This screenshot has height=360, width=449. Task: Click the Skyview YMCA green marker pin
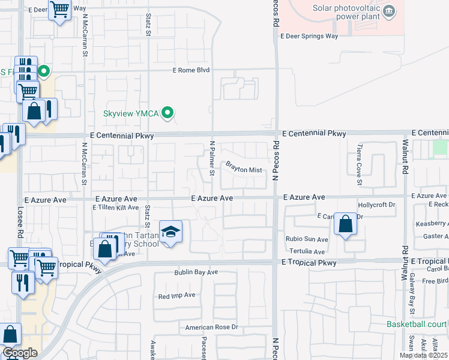click(x=169, y=112)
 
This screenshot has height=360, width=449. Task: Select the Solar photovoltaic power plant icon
click(x=389, y=10)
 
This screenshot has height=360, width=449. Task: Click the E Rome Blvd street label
click(x=190, y=70)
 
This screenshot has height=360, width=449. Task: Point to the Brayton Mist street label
click(x=244, y=170)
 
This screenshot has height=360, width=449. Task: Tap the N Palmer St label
click(x=211, y=159)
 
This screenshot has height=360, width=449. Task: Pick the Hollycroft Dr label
click(x=377, y=205)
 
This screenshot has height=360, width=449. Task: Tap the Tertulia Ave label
click(x=307, y=251)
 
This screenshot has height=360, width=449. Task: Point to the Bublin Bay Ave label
click(x=196, y=272)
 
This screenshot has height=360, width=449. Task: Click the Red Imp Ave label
click(x=176, y=295)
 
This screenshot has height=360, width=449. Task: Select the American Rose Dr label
click(x=211, y=327)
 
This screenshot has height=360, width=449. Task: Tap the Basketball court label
click(x=417, y=325)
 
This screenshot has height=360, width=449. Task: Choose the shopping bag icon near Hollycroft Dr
click(x=345, y=224)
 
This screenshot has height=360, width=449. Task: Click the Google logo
click(x=19, y=353)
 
